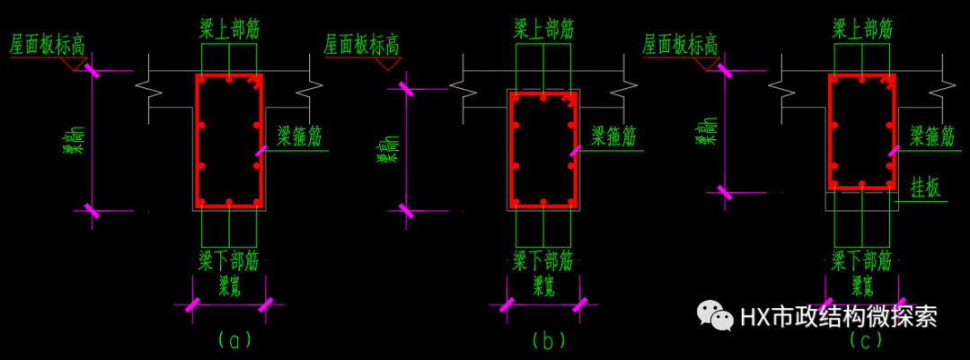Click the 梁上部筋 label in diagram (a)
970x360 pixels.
pos(230,29)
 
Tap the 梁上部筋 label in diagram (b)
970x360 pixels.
pos(544,29)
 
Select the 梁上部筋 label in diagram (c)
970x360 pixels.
pos(861,29)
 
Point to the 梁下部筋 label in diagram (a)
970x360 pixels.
pos(229,261)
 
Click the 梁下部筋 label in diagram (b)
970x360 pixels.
pos(543,261)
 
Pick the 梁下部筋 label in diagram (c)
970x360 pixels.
pos(861,261)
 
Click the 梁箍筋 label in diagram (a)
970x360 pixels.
pos(299,136)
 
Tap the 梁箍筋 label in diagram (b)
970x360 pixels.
pos(613,136)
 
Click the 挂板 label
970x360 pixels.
pos(926,187)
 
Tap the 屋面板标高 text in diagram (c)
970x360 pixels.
pos(680,44)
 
